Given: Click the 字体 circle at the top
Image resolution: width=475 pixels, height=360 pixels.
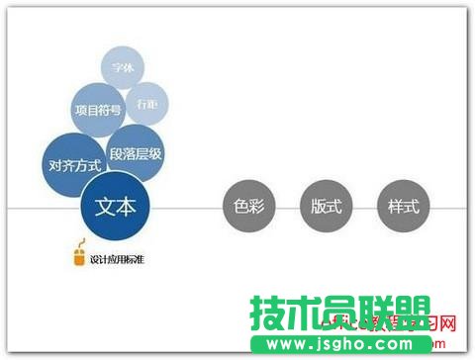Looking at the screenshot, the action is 124,68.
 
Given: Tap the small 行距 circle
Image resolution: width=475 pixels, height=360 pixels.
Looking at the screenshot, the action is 146,103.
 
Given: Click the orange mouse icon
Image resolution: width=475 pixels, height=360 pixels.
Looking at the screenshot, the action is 79,259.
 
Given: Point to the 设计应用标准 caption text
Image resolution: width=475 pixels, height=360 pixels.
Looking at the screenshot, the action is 118,260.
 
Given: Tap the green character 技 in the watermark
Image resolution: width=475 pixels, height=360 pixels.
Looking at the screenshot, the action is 269,314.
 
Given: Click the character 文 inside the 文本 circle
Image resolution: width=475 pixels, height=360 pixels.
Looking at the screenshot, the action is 106,207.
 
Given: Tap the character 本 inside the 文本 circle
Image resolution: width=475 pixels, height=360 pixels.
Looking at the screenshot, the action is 129,207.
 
